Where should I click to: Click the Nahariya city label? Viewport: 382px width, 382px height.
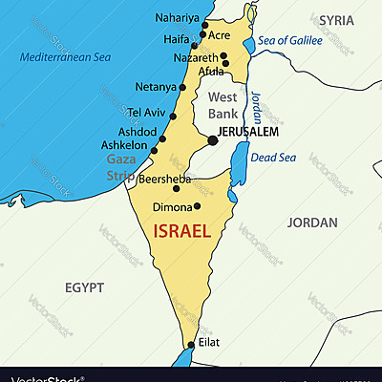[x=179, y=17]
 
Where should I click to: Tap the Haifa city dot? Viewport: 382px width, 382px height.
[x=194, y=45]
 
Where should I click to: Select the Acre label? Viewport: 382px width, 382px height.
[x=220, y=35]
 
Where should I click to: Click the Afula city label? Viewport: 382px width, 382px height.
[x=210, y=71]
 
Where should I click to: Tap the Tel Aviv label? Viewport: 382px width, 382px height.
[x=147, y=111]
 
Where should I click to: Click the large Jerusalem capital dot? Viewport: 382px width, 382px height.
[x=212, y=140]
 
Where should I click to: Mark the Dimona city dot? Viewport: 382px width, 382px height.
[x=198, y=205]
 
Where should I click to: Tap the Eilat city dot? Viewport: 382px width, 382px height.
[x=191, y=345]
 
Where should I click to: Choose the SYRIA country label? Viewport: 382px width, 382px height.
[x=336, y=19]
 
